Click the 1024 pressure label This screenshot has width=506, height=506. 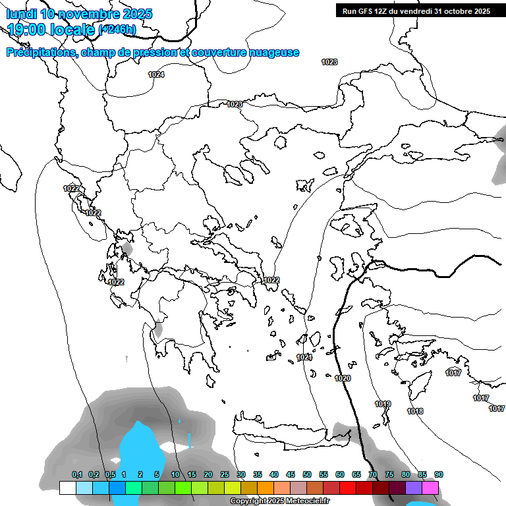[156, 74]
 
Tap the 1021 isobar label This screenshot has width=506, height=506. [304, 357]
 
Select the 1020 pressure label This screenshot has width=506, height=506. [343, 378]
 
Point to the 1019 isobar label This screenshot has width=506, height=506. [383, 404]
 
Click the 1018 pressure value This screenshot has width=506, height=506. [415, 411]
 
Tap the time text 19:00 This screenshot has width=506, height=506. [30, 29]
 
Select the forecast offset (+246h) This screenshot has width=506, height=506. [117, 30]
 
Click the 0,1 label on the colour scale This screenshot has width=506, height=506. [77, 474]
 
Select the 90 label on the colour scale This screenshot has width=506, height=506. [439, 474]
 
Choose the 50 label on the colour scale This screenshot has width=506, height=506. [307, 474]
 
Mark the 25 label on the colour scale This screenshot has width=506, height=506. [225, 474]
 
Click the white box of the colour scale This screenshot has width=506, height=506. [67, 488]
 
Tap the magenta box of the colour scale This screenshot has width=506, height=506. [430, 488]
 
